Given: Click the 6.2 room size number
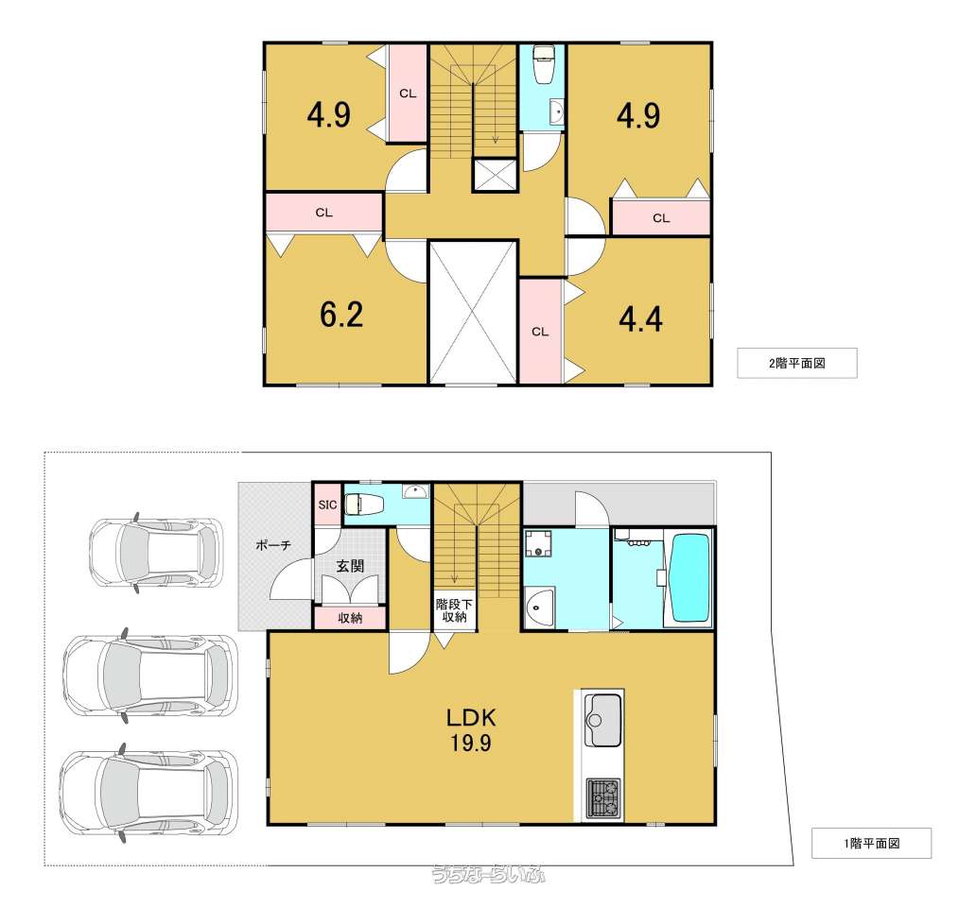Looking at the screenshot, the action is point(341,315).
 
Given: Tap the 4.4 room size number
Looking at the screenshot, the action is point(640,319).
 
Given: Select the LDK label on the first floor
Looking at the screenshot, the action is point(471,718).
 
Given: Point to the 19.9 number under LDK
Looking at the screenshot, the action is point(471,743).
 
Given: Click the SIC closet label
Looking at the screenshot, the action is point(327,505).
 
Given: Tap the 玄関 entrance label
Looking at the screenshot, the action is point(350,566).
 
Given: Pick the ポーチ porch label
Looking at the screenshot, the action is point(273,545).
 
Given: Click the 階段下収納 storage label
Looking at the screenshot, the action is point(454,609).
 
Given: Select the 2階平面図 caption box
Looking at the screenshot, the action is point(797,363).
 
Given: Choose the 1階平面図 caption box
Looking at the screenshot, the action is point(871,844).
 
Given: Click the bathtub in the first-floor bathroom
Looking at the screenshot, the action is point(691,578).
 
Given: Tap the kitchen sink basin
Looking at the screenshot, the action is point(604,721).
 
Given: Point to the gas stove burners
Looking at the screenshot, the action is point(603,798).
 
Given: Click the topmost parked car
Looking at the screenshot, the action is point(156,552).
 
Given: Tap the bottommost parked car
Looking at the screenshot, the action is point(149,793).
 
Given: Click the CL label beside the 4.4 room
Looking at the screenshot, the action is point(540,332).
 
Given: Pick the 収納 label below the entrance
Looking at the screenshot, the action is point(350,618).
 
